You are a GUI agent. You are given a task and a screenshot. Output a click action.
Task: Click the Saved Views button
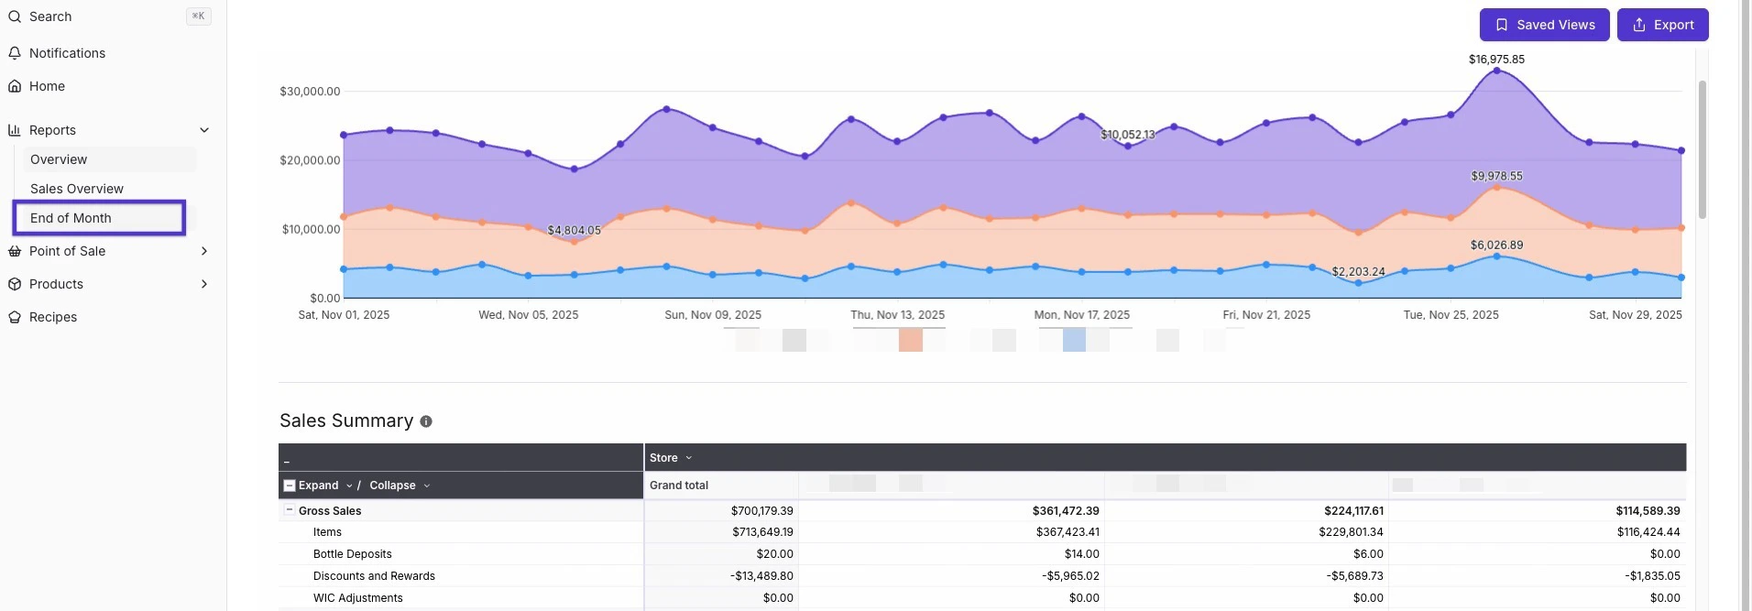pos(1544,25)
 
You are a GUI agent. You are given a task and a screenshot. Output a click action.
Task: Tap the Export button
pos(1662,25)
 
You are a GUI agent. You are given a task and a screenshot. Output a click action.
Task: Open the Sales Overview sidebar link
pos(77,189)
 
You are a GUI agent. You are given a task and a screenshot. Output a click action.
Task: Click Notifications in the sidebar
pos(67,53)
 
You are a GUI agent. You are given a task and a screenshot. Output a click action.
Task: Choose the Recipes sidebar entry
pos(53,317)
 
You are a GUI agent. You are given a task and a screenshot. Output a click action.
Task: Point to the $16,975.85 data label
pos(1496,60)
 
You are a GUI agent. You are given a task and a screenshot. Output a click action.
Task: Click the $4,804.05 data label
pos(574,231)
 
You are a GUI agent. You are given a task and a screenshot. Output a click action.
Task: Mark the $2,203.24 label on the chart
pos(1358,272)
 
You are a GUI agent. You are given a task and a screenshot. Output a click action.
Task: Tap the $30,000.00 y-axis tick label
pos(310,92)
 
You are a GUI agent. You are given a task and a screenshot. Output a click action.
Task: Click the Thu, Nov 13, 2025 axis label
pos(897,315)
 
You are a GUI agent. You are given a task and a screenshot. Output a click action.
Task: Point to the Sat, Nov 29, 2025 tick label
pos(1635,315)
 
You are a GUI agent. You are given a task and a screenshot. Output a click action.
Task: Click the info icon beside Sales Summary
pos(426,421)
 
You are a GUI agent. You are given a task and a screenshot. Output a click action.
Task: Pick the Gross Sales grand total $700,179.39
pos(761,511)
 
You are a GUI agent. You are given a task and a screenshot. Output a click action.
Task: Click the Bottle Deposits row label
pos(352,554)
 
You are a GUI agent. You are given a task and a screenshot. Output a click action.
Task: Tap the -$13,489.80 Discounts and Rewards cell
pos(761,576)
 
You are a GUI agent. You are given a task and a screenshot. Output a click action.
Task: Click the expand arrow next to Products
pos(204,284)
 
